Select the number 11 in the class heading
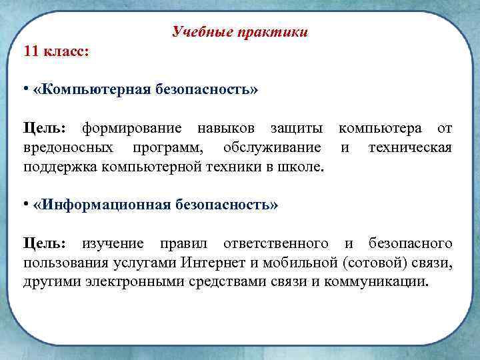tap(32, 51)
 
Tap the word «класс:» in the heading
tap(68, 51)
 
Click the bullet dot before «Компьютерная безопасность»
tap(25, 89)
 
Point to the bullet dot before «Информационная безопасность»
tap(25, 205)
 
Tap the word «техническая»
tap(409, 147)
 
